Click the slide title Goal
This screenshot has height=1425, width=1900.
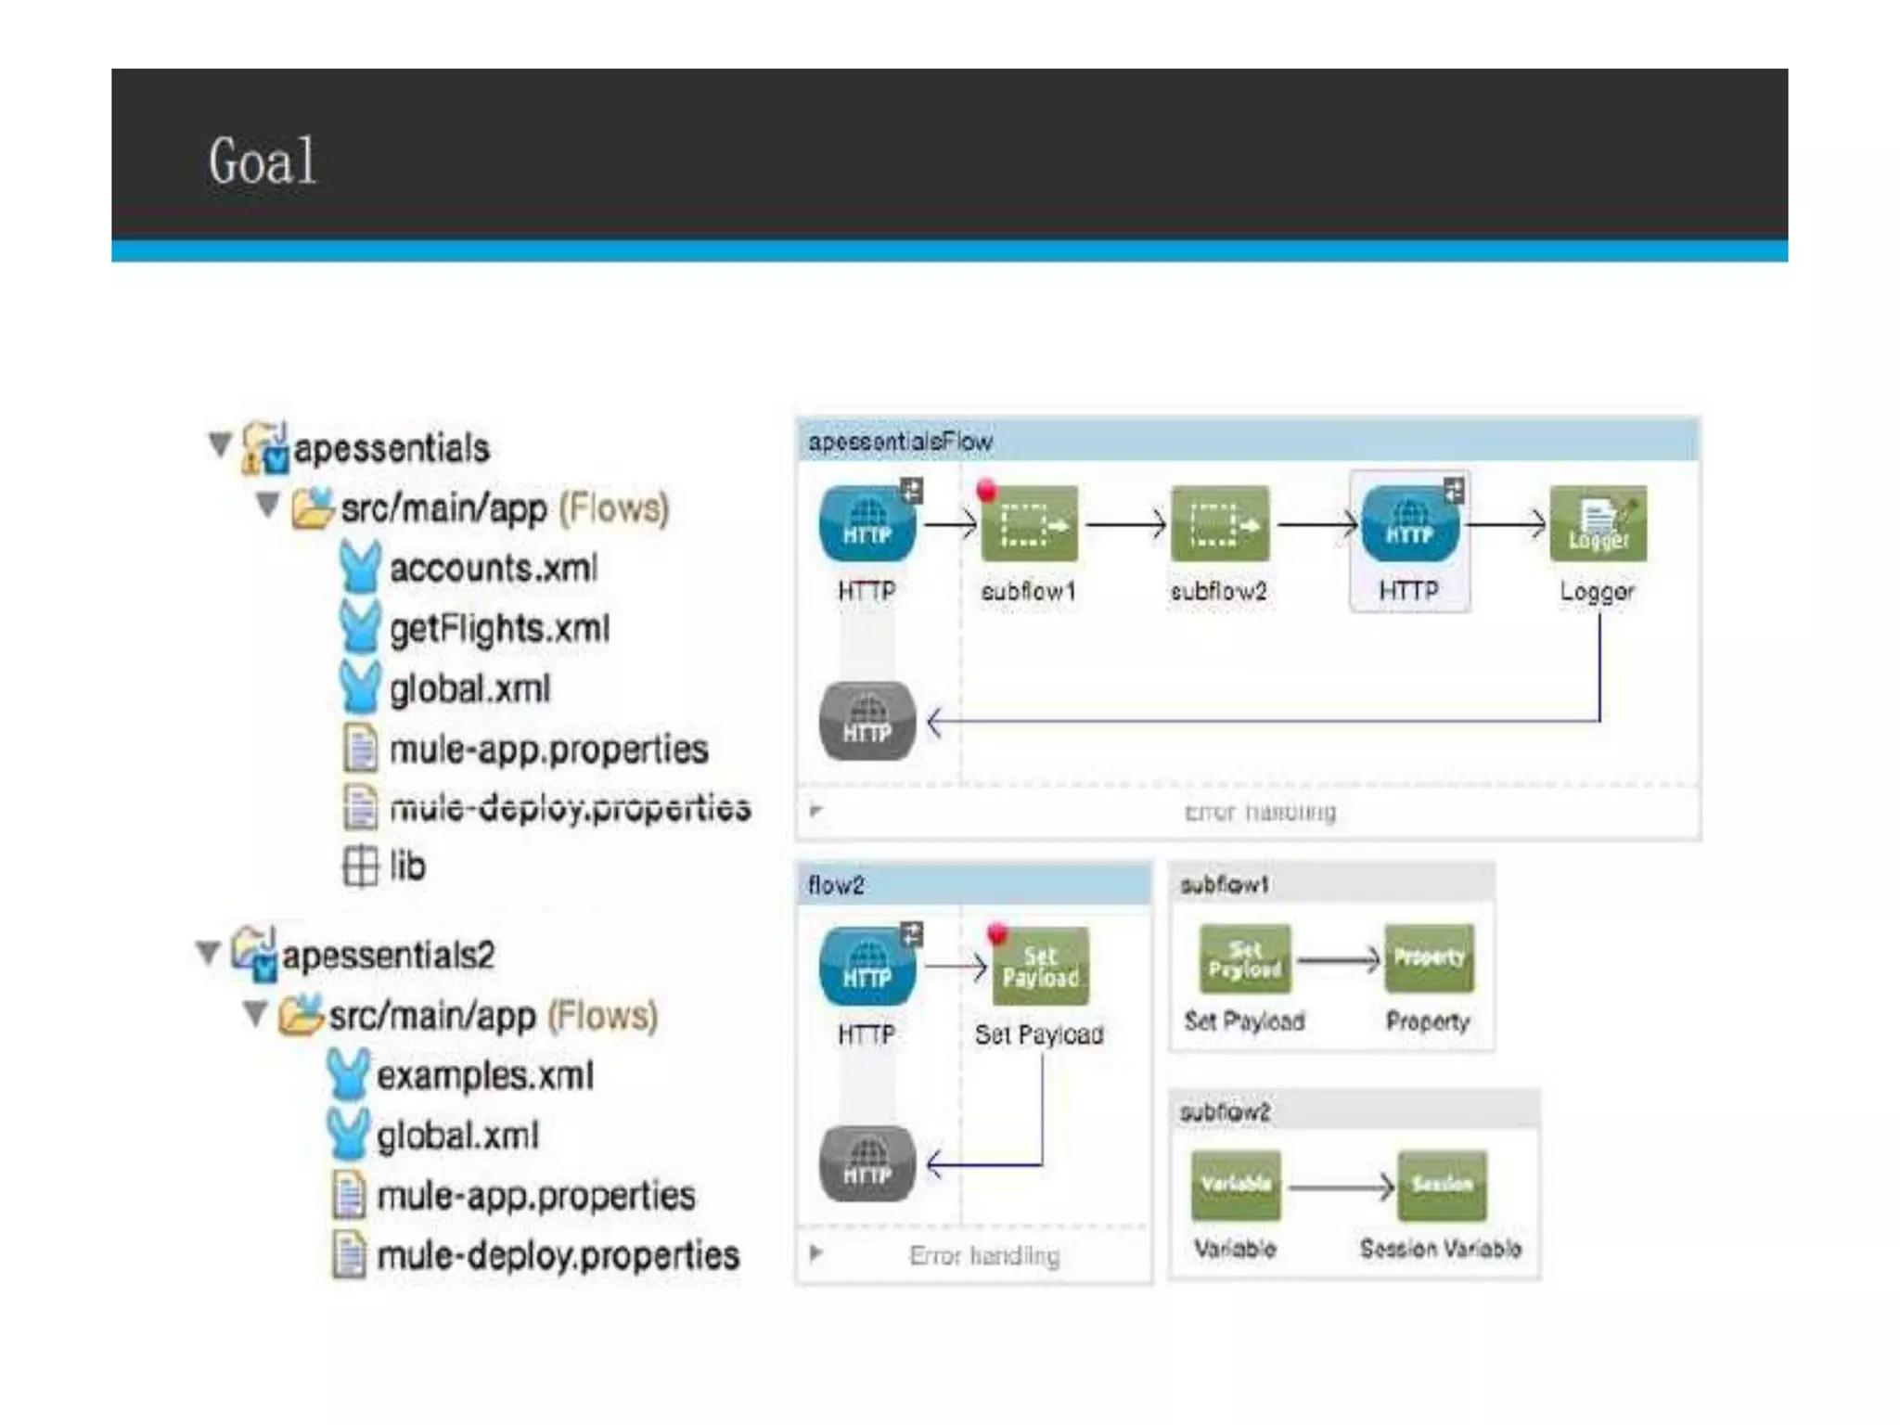(x=263, y=161)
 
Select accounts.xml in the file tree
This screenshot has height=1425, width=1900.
(x=493, y=568)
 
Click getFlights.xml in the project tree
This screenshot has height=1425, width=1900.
(x=499, y=628)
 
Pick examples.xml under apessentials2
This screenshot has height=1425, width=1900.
(x=484, y=1075)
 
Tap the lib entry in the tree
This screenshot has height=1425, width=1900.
(x=406, y=866)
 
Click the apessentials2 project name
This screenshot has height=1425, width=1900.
(x=388, y=955)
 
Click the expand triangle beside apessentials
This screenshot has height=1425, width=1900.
(x=220, y=445)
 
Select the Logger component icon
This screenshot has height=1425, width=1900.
(x=1598, y=524)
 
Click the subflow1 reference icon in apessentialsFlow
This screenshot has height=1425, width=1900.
(x=1030, y=524)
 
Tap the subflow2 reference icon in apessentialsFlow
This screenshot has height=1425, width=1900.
(x=1219, y=524)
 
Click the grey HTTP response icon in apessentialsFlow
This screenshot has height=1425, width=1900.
(x=867, y=722)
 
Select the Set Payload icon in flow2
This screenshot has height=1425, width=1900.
(x=1040, y=967)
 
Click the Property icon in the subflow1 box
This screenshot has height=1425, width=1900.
(x=1429, y=959)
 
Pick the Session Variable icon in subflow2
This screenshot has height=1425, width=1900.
(x=1442, y=1186)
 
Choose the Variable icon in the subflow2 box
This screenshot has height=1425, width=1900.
(x=1236, y=1186)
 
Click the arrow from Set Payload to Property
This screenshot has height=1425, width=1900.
(x=1338, y=960)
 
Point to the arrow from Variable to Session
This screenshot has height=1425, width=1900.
(x=1340, y=1187)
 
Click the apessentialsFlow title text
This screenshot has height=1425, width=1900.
(x=900, y=442)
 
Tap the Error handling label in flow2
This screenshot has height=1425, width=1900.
(x=984, y=1255)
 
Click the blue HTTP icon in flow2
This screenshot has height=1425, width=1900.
(x=867, y=967)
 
